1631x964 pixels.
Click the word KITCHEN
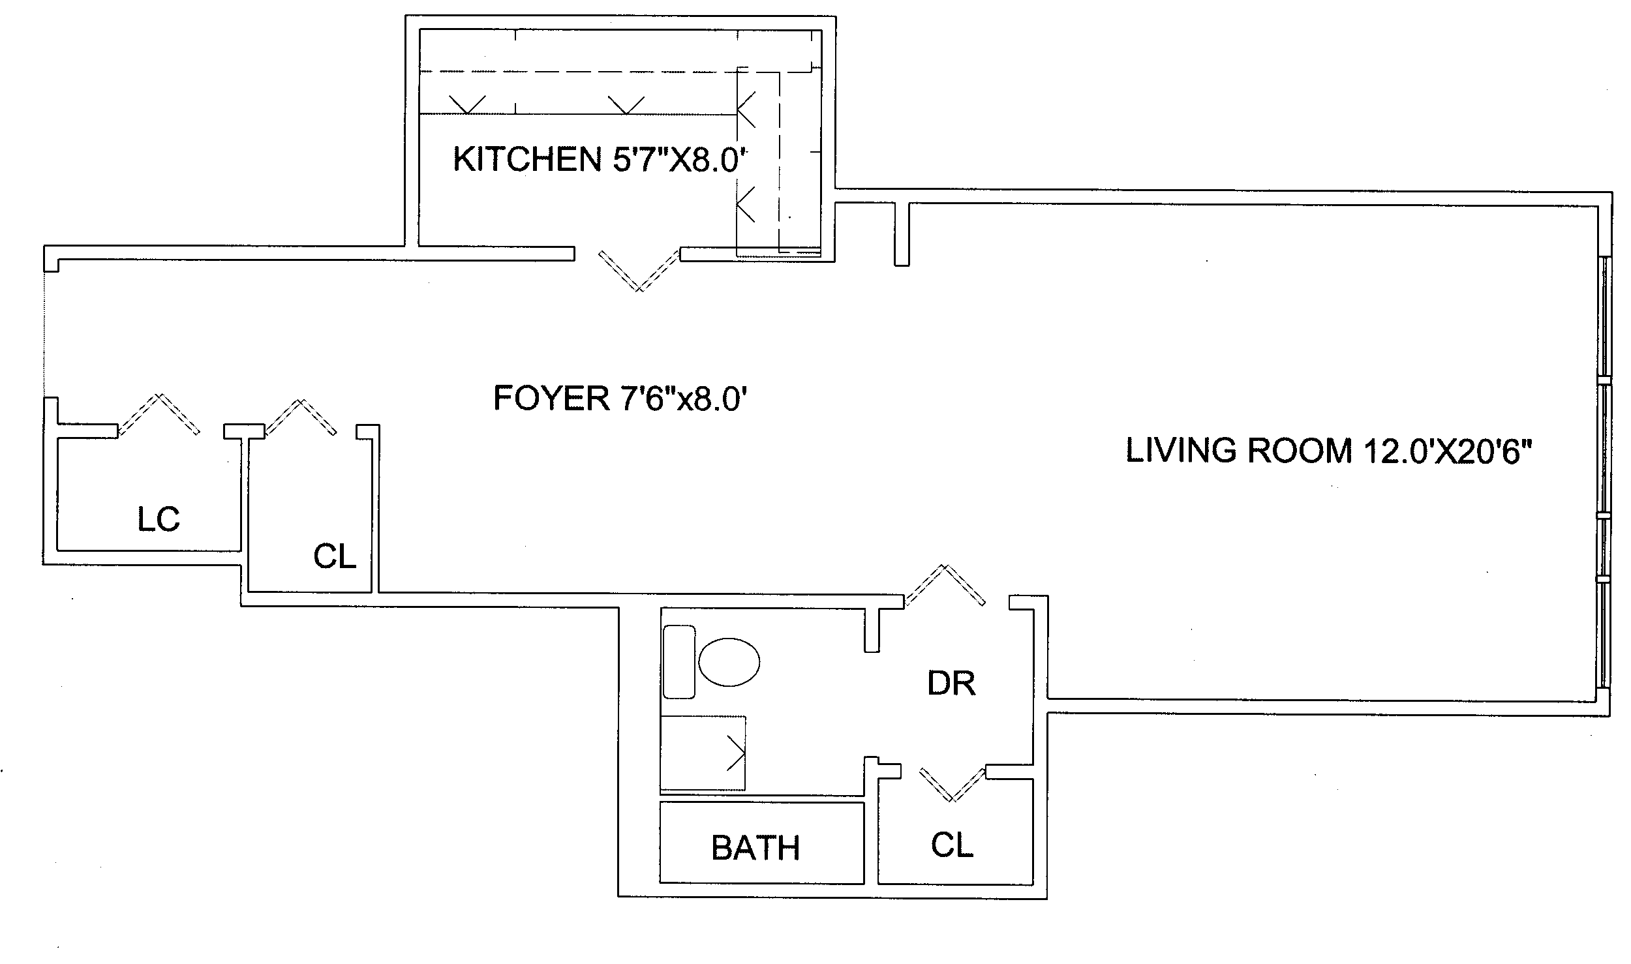527,159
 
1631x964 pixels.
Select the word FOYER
551,399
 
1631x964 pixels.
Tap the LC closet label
159,519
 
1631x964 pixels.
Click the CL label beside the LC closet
335,556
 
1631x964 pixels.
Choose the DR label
951,684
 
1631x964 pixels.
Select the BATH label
755,848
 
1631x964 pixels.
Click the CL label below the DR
952,845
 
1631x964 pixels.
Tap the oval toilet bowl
729,662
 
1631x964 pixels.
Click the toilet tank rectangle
678,662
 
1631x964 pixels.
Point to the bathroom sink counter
703,753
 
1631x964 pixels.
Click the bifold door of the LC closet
159,414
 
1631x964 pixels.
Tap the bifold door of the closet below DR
953,783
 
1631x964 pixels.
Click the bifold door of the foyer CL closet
301,417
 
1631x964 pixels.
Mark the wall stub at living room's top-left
902,233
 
